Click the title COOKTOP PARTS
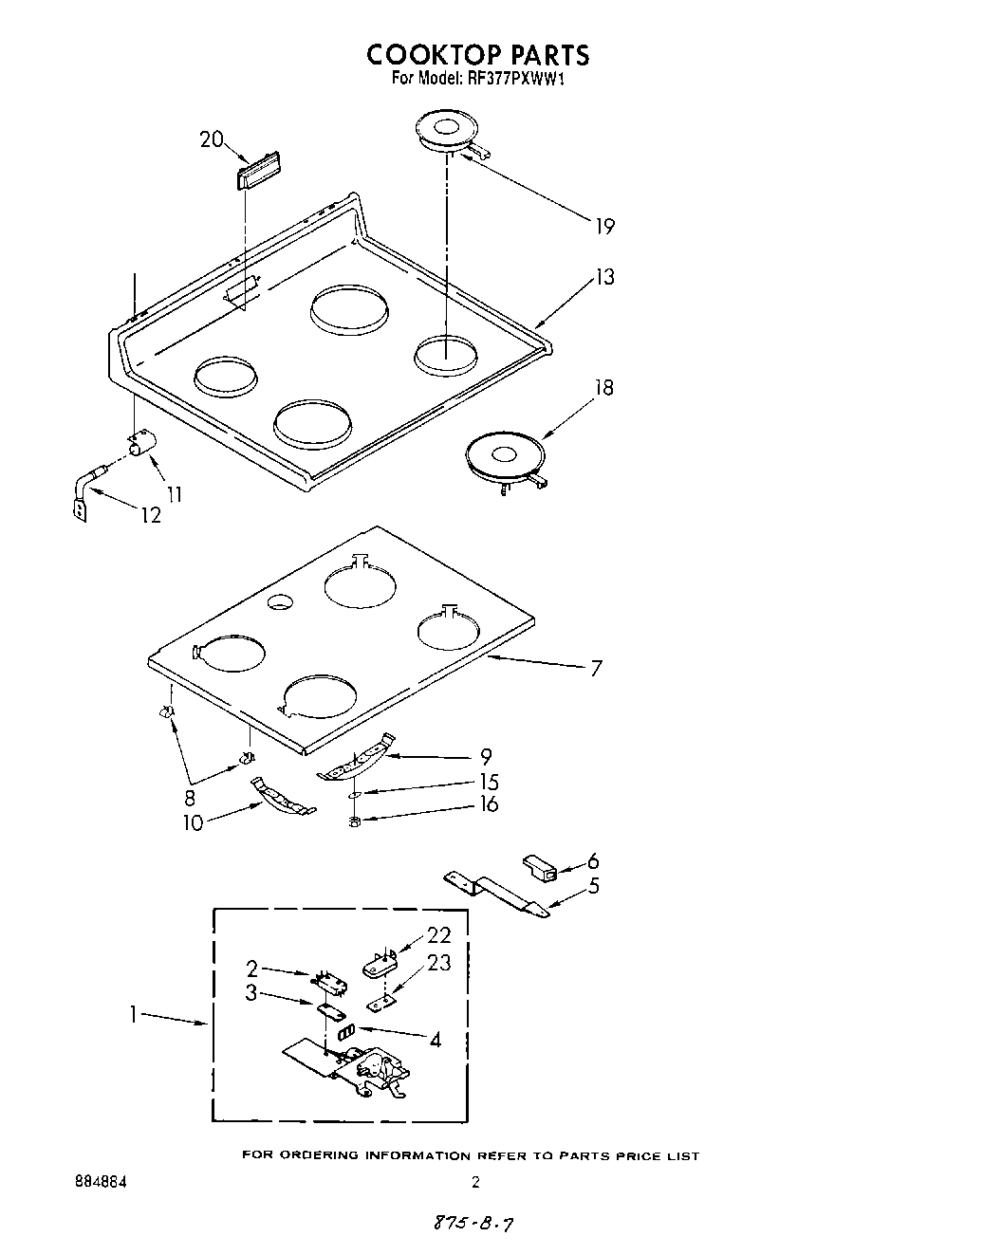point(477,54)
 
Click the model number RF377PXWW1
point(516,80)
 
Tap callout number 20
point(211,139)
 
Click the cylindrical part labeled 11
point(143,443)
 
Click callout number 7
point(595,668)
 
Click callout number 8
point(190,798)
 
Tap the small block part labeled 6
point(538,867)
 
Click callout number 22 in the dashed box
point(439,933)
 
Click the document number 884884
point(100,1183)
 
